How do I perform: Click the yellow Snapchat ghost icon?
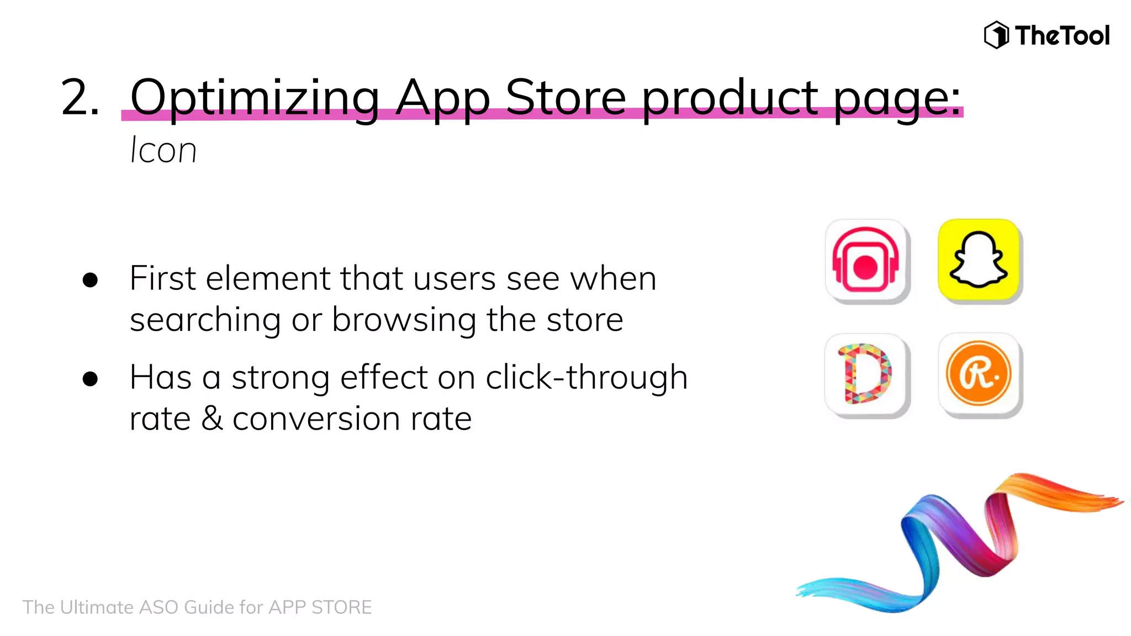[979, 260]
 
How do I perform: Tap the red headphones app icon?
[866, 260]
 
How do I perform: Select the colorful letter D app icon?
[866, 374]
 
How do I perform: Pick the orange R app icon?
[979, 374]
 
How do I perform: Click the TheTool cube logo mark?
[996, 35]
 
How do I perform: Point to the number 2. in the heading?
[80, 98]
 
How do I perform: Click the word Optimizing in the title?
[255, 98]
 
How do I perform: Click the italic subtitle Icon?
[163, 150]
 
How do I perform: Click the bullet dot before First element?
[90, 280]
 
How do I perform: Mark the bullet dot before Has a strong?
[90, 379]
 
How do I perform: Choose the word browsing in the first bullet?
[404, 320]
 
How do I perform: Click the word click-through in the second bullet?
[586, 378]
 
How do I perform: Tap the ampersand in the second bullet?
[212, 418]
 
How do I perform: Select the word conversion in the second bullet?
[316, 419]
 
